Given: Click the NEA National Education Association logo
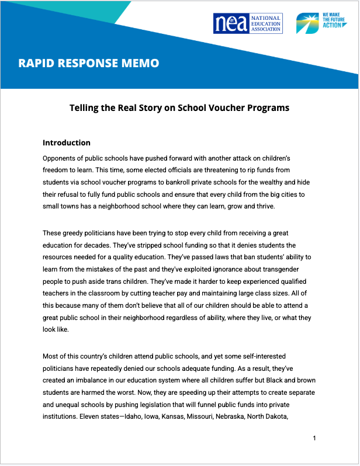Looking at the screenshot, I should point(248,23).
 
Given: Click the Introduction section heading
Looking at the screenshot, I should point(67,142).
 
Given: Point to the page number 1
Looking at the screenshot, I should point(314,438).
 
